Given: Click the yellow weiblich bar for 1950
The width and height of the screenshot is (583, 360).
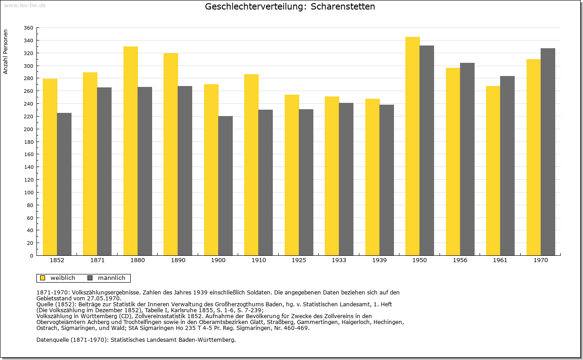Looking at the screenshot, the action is (x=413, y=146).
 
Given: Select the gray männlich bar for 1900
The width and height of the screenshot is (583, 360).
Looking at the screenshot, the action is (x=225, y=186).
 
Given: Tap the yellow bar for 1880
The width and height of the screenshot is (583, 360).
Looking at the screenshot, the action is (x=131, y=151).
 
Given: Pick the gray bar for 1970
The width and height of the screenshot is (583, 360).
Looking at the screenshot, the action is (x=548, y=152).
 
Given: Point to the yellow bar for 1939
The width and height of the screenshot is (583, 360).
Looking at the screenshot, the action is (x=373, y=177).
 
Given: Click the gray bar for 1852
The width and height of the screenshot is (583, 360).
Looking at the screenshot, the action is (x=64, y=184).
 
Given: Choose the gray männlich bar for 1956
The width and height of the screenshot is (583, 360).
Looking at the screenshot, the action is (x=467, y=159).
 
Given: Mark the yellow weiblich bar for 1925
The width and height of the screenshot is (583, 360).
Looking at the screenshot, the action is (x=292, y=175).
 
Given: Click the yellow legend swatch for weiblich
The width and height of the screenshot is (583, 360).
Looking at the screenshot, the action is (x=43, y=278).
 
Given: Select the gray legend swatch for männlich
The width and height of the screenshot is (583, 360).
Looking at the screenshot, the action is (x=90, y=278).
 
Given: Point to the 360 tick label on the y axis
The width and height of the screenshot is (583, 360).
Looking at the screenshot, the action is (x=28, y=28).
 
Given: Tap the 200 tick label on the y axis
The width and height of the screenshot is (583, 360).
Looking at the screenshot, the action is (x=28, y=129).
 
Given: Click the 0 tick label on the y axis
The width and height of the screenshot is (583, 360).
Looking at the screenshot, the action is (x=31, y=256).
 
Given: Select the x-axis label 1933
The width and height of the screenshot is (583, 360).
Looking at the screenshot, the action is (x=339, y=260).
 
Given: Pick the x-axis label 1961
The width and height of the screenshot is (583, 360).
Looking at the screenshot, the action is (x=500, y=260).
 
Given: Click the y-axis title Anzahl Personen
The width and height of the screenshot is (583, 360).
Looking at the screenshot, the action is (x=5, y=52).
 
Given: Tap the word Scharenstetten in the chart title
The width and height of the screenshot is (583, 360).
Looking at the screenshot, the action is (x=343, y=6).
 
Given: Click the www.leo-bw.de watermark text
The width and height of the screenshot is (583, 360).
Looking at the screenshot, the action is (x=25, y=5).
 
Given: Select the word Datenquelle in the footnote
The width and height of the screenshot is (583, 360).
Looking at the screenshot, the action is (x=52, y=340).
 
